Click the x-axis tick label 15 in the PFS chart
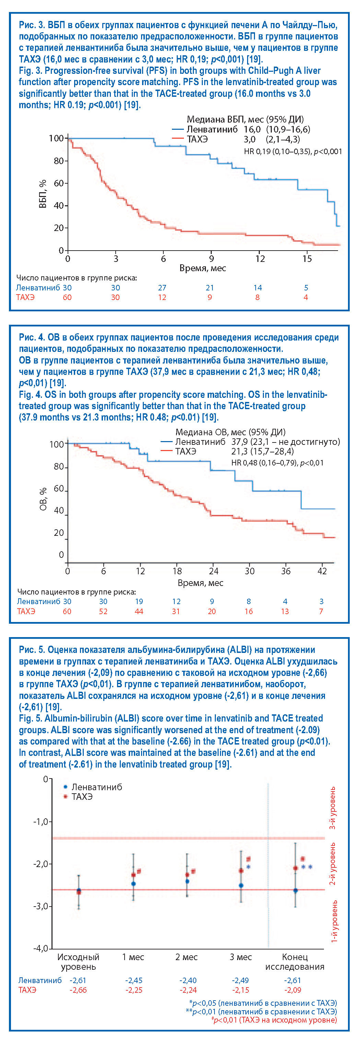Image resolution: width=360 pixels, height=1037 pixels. pyautogui.click(x=307, y=259)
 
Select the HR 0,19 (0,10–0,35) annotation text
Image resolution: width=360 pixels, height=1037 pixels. pyautogui.click(x=293, y=151)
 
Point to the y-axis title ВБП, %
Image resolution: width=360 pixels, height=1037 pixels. pyautogui.click(x=43, y=194)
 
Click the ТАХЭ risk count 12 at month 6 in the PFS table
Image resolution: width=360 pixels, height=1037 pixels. pyautogui.click(x=162, y=298)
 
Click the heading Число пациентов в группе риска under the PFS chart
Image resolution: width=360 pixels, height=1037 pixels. pyautogui.click(x=77, y=278)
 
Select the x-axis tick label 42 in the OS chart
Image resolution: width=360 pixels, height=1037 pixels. pyautogui.click(x=322, y=571)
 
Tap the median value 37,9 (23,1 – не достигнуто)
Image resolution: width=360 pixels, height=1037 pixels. pyautogui.click(x=286, y=442)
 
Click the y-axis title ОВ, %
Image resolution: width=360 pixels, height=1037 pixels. pyautogui.click(x=43, y=499)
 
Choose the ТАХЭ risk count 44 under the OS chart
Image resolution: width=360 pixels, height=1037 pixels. pyautogui.click(x=139, y=611)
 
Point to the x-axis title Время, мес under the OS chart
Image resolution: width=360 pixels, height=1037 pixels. pyautogui.click(x=200, y=583)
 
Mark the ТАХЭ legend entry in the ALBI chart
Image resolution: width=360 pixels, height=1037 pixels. pyautogui.click(x=82, y=797)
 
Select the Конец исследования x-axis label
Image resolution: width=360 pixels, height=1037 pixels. pyautogui.click(x=295, y=962)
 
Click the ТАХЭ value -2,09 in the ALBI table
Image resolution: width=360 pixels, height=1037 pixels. pyautogui.click(x=292, y=990)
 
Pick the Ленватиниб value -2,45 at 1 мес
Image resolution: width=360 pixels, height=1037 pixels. pyautogui.click(x=134, y=980)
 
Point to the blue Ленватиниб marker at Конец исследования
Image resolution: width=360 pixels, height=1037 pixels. pyautogui.click(x=295, y=890)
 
